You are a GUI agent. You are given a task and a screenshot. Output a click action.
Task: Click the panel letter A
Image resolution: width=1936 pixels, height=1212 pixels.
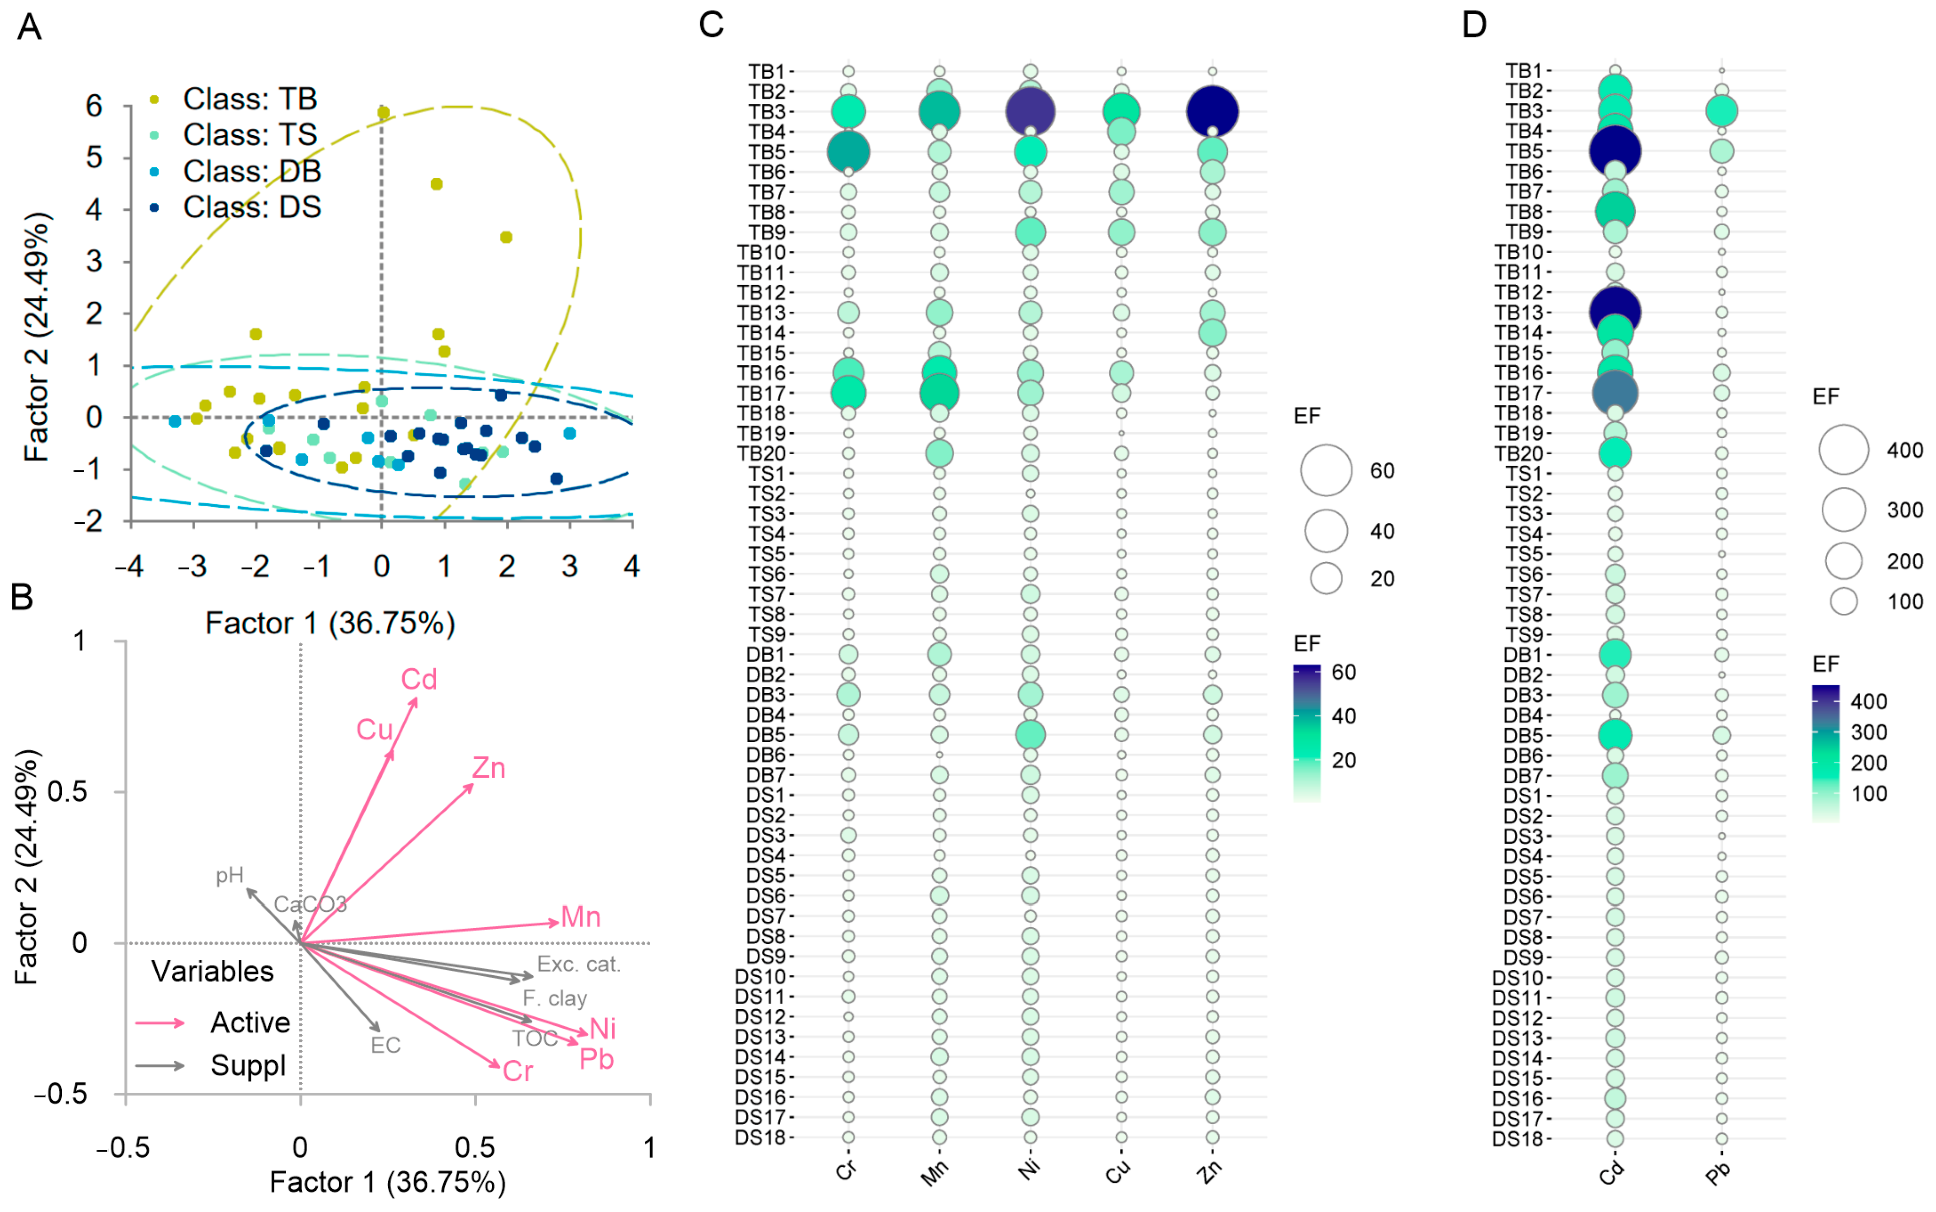[x=30, y=27]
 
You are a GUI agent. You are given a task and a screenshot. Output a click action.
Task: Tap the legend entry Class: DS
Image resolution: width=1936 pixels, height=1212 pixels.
[x=251, y=207]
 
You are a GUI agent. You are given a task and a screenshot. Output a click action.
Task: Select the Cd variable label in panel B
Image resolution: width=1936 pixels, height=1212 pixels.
[x=419, y=680]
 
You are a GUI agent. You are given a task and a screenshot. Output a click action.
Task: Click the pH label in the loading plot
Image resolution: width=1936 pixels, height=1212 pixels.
[x=230, y=875]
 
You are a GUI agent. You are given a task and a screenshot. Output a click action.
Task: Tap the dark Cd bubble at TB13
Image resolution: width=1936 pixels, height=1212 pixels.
[x=1615, y=311]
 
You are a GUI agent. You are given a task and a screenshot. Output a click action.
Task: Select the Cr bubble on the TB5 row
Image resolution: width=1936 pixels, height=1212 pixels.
[x=848, y=152]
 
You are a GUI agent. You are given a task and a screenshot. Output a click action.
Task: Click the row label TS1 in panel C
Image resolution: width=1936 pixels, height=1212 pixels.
[x=768, y=474]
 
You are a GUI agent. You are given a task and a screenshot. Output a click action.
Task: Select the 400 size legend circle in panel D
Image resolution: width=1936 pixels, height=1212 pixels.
[x=1844, y=450]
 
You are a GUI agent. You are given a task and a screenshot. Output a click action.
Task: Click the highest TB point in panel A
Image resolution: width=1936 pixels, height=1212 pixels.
[x=383, y=113]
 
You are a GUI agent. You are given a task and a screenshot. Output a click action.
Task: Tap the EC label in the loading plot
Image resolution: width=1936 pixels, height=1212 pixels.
[x=385, y=1045]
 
